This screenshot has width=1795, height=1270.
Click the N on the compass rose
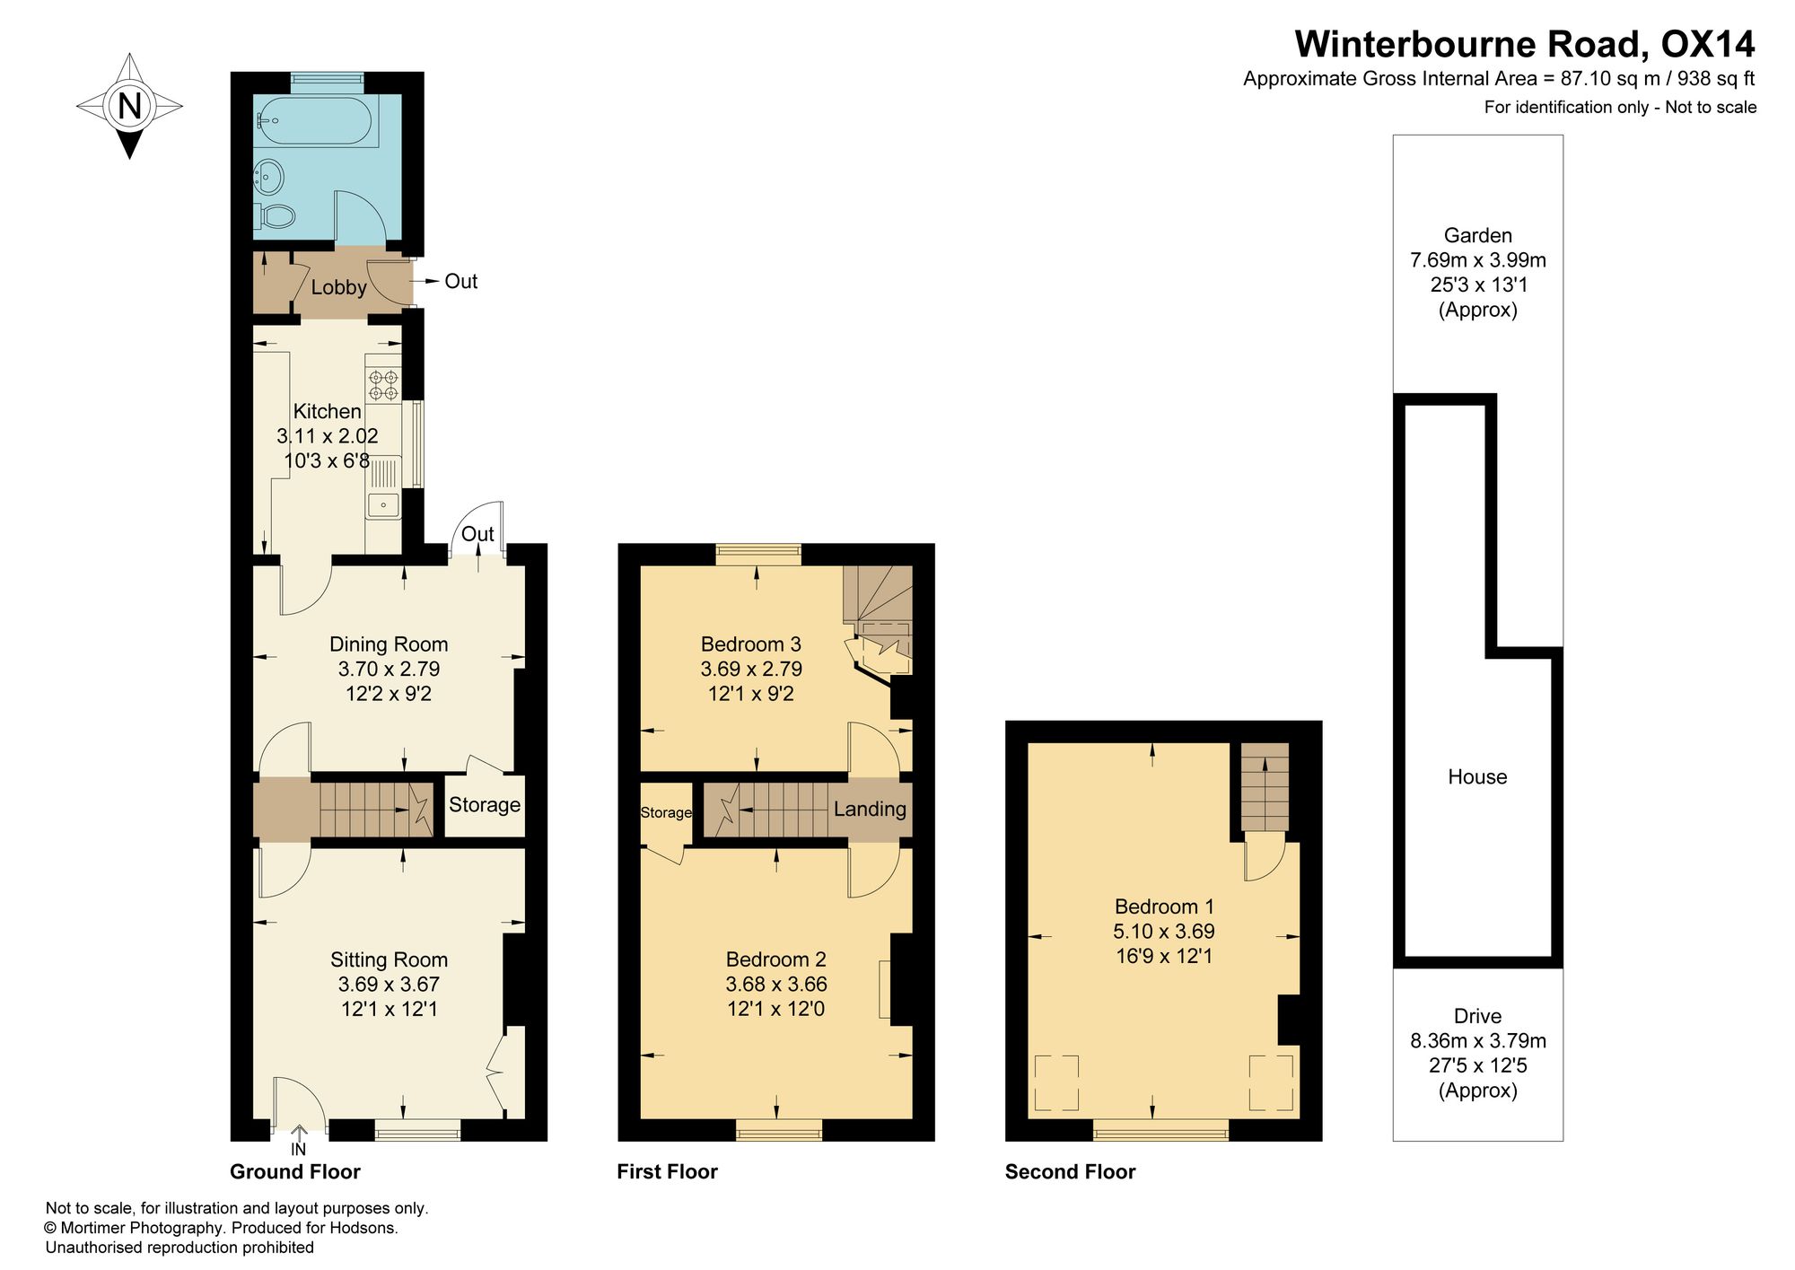(x=130, y=106)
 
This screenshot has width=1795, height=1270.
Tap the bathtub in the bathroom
(x=315, y=120)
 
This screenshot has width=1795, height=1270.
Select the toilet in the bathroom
(x=276, y=215)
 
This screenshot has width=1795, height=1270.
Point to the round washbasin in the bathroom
(x=268, y=176)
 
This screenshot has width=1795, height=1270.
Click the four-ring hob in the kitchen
(x=383, y=386)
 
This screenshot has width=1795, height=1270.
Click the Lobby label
(x=338, y=287)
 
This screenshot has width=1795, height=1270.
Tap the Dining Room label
(x=389, y=644)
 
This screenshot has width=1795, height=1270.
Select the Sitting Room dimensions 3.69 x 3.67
(x=389, y=985)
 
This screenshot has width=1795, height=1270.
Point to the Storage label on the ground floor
(x=485, y=805)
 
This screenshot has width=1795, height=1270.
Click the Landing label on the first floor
(x=870, y=810)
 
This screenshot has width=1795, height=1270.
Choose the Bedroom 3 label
(x=751, y=644)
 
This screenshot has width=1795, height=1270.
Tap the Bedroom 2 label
(x=776, y=959)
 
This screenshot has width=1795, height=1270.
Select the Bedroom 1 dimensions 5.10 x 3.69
(x=1164, y=932)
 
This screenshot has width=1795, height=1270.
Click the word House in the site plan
(x=1477, y=777)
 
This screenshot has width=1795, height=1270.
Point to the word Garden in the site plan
(x=1478, y=236)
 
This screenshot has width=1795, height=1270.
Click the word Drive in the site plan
(x=1478, y=1017)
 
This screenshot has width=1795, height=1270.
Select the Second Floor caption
(x=1071, y=1172)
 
